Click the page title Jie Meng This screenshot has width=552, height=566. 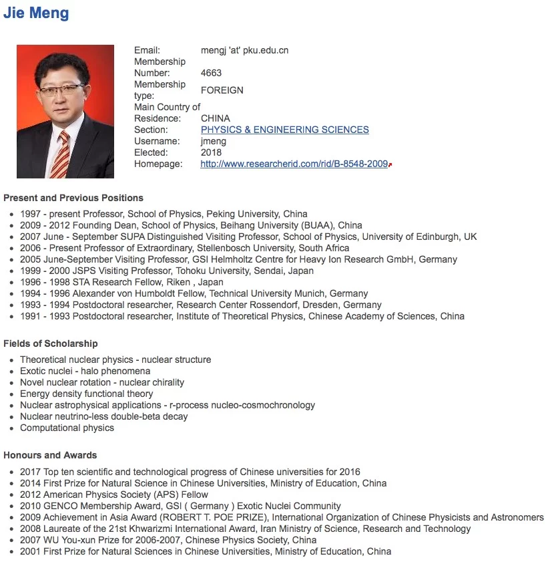tap(36, 13)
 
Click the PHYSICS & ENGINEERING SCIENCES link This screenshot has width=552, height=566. tap(284, 130)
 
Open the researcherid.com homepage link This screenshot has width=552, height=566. tap(294, 164)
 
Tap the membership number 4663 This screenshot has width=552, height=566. tap(211, 73)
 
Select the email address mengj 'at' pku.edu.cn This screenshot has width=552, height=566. tap(244, 50)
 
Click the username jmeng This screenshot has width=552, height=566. tap(213, 141)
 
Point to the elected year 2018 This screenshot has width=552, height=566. tap(211, 152)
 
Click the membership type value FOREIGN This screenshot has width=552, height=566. tap(222, 90)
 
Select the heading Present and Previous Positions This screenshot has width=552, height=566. tap(73, 198)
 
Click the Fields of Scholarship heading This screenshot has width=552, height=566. tap(51, 343)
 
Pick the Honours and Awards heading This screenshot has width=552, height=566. tap(50, 455)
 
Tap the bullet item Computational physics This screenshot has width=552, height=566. tap(67, 428)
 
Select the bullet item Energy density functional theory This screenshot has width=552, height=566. tap(87, 394)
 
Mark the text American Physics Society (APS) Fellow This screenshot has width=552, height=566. tap(117, 494)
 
